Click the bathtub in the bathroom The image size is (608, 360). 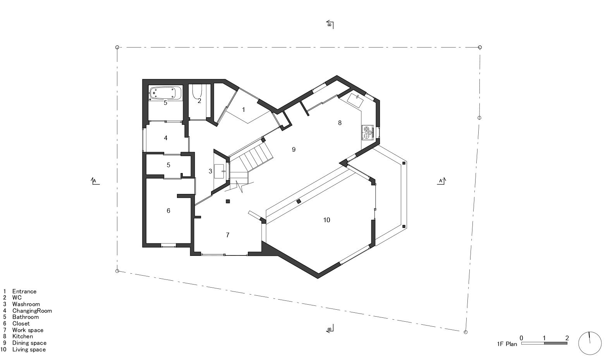[166, 93]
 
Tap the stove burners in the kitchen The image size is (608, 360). [368, 132]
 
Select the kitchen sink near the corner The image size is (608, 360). [355, 100]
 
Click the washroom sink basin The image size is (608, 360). [219, 171]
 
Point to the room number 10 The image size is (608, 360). [326, 220]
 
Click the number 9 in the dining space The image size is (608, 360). [294, 149]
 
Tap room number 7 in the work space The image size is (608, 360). [228, 235]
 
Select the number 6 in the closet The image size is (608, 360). [168, 211]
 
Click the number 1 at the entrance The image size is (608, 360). [244, 110]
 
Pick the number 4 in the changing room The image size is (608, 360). [166, 138]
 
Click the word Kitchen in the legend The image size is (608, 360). [22, 336]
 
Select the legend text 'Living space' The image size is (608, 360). [29, 350]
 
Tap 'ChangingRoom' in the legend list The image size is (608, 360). [32, 311]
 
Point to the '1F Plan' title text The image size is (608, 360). [507, 344]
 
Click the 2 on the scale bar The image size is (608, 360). [567, 338]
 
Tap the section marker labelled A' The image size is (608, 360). [441, 181]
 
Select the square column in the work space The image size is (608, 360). [228, 201]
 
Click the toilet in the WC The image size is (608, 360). [197, 91]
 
